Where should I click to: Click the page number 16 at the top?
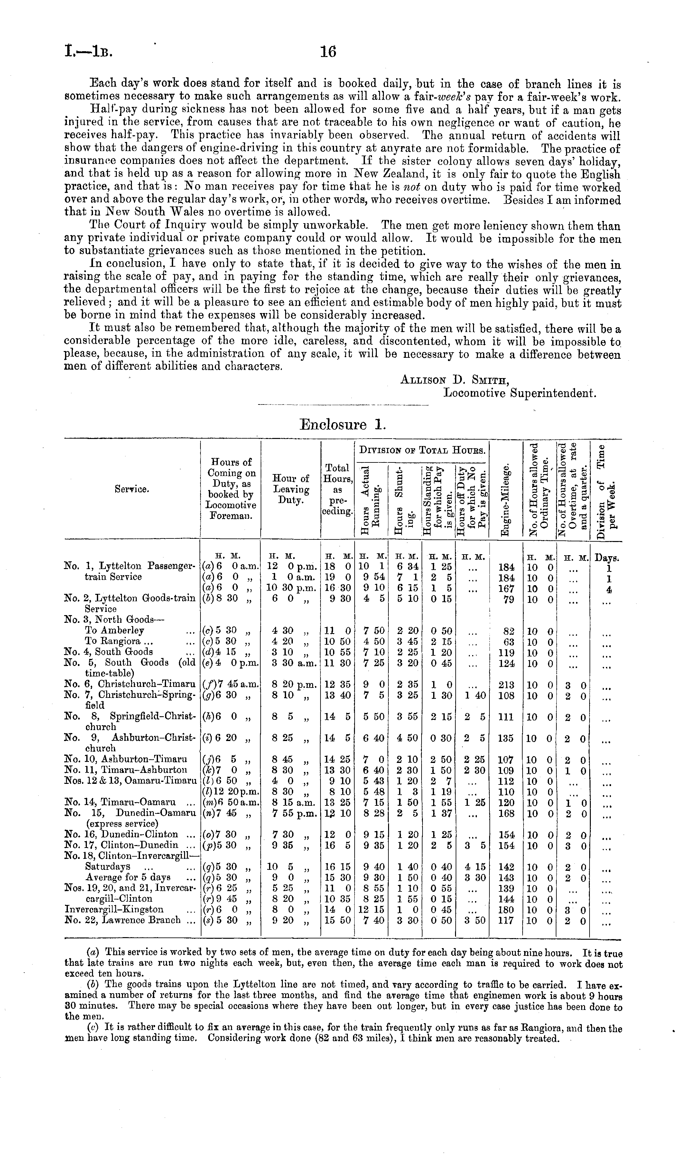coord(328,52)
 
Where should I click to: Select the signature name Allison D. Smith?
coord(454,380)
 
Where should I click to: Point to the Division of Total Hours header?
coord(422,450)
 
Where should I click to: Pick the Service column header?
coord(132,489)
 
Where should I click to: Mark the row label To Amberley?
coord(115,630)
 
